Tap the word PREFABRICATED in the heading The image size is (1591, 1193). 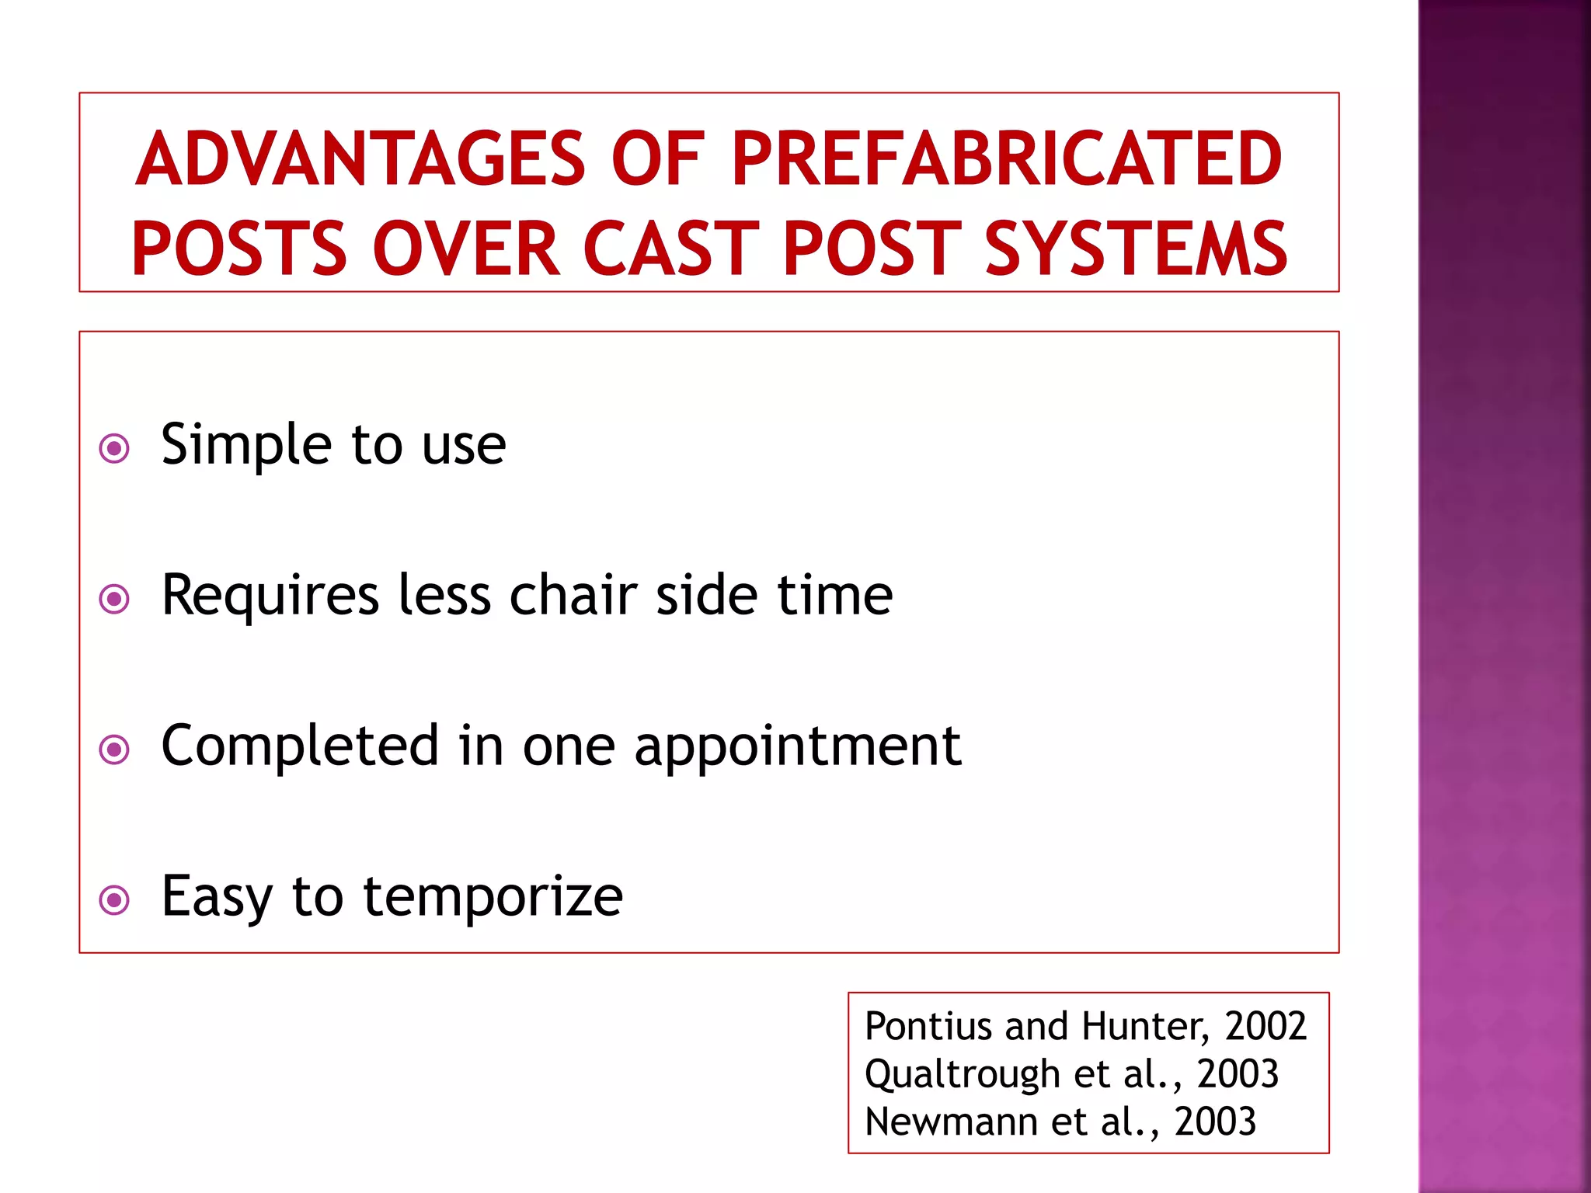click(x=1007, y=159)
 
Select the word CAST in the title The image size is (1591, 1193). click(x=670, y=249)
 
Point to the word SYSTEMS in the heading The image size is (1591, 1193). click(x=1136, y=249)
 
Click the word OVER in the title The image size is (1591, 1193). click(x=466, y=249)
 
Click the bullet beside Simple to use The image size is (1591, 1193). click(x=114, y=448)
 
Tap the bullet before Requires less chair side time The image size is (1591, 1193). click(x=114, y=599)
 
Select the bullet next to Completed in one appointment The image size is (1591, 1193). click(x=114, y=750)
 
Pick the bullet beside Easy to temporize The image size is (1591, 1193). click(x=114, y=900)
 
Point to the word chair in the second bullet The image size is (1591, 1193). click(x=573, y=596)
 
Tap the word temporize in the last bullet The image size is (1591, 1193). click(x=493, y=897)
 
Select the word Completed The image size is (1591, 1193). click(x=300, y=746)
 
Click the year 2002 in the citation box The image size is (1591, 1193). click(x=1265, y=1026)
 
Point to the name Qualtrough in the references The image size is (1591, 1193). click(x=963, y=1076)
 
